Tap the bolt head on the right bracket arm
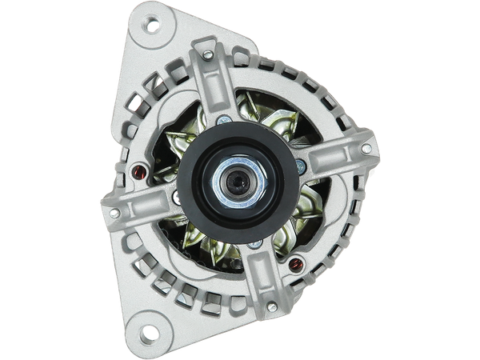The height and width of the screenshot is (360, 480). (x=366, y=149)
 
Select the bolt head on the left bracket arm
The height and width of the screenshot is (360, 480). (x=114, y=213)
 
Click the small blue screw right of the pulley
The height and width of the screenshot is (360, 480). (x=300, y=166)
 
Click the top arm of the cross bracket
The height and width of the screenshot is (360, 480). (x=216, y=88)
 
